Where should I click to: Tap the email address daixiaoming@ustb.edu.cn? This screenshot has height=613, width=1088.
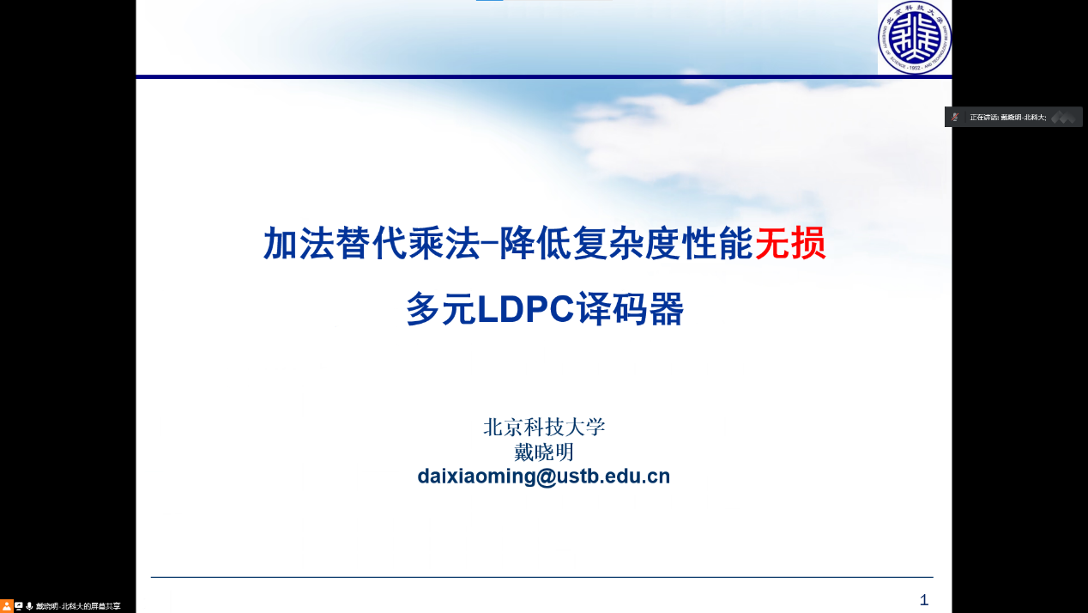[543, 476]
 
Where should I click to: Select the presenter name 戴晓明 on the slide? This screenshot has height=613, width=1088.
[543, 452]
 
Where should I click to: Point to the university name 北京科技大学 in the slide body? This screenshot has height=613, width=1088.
[544, 427]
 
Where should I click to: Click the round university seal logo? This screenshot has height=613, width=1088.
[915, 37]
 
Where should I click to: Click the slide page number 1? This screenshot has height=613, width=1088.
[924, 600]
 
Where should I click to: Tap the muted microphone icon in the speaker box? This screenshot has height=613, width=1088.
[955, 117]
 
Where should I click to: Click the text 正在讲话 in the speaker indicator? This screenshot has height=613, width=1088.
[983, 117]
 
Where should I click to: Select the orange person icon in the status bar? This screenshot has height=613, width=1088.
[7, 606]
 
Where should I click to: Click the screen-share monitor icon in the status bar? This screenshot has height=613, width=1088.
[19, 606]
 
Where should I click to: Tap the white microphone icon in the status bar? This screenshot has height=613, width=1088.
[29, 606]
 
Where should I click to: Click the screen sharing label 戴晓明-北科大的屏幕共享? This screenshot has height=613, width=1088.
[78, 606]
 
